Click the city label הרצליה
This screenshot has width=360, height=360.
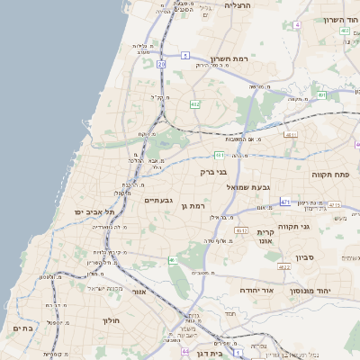point(239,5)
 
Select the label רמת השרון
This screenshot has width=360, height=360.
point(228,58)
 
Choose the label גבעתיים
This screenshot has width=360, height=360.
point(159,200)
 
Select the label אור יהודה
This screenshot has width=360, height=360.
point(257,292)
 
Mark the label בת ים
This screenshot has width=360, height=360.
point(22,329)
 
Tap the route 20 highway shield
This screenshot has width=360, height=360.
point(161,65)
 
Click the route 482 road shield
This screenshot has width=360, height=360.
point(195,104)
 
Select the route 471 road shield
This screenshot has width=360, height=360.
point(284,202)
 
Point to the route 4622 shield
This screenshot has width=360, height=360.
point(284,266)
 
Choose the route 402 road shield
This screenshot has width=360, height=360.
point(345,31)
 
